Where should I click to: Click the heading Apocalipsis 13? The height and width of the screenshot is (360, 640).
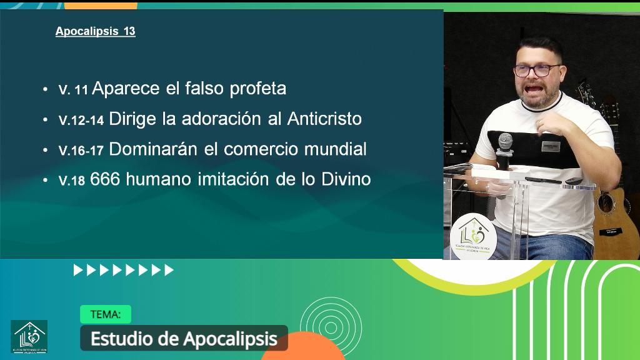tap(95, 31)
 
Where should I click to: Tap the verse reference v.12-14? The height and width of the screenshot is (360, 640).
tap(81, 120)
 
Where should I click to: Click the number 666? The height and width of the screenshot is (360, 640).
tap(104, 179)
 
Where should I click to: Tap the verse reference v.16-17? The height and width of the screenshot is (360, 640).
tap(81, 151)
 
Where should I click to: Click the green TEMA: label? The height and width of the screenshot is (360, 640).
tap(105, 314)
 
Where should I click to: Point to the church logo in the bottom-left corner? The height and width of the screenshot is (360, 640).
tap(29, 336)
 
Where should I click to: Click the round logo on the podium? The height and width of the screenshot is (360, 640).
tap(473, 236)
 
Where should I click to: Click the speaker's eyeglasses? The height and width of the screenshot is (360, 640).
tap(537, 69)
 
